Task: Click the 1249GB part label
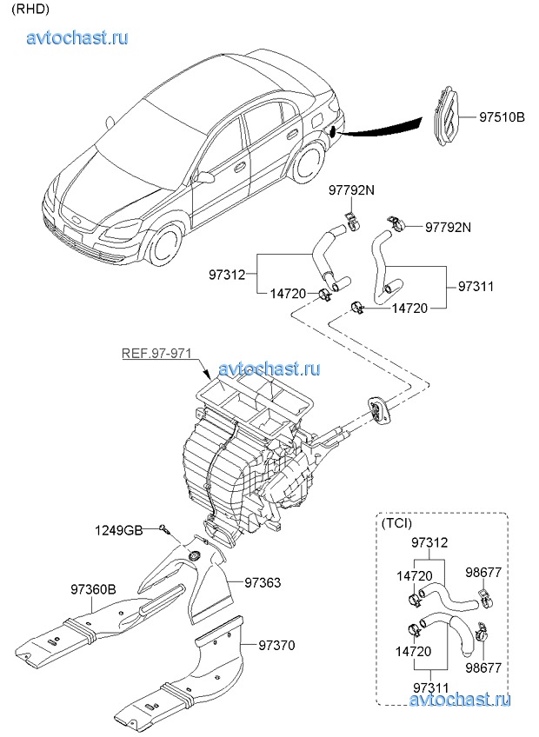(119, 529)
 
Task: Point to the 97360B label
(93, 589)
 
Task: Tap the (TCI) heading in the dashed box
(396, 523)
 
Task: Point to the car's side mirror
(206, 177)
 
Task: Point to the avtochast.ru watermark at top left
(78, 38)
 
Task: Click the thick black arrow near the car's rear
(383, 129)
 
